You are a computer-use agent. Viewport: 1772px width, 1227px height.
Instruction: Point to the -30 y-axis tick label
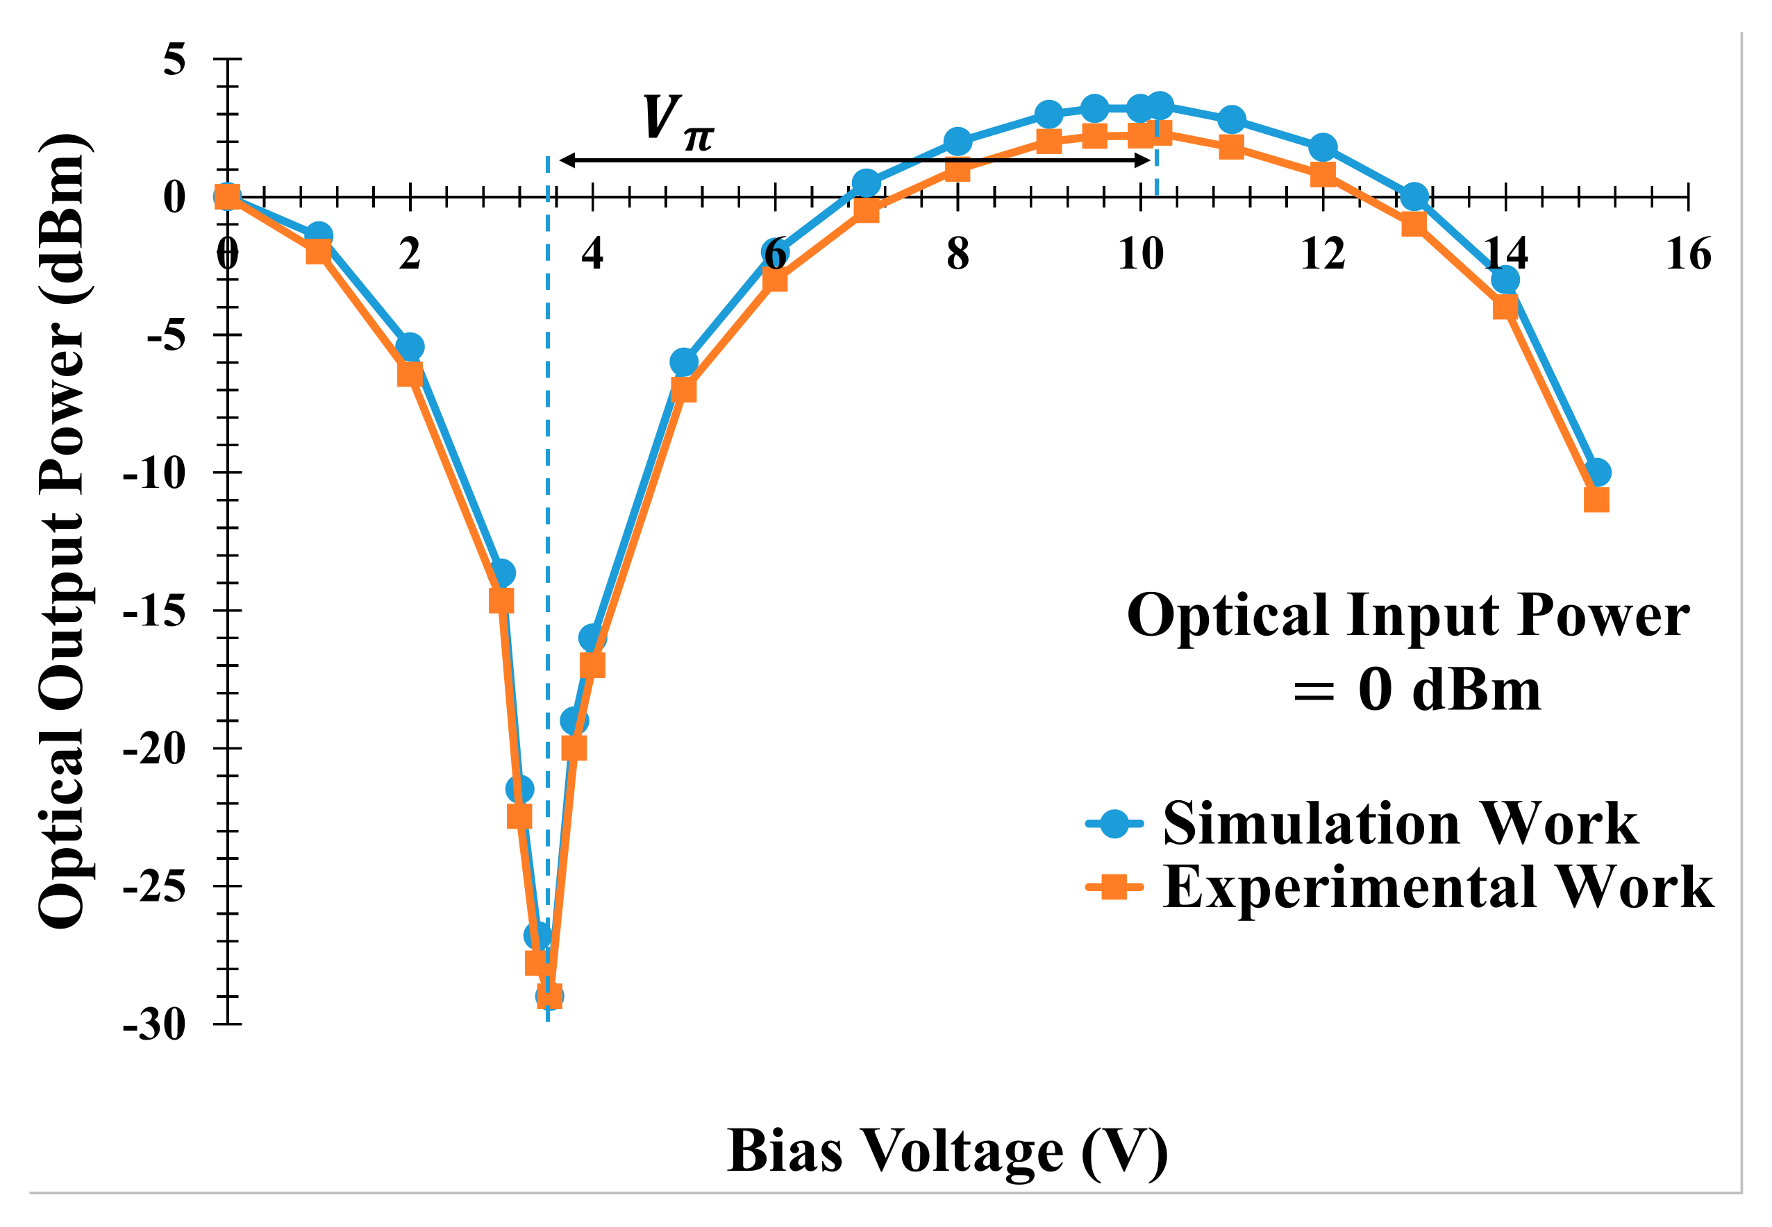pyautogui.click(x=154, y=1025)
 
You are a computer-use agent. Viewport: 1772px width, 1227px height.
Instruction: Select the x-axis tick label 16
pyautogui.click(x=1689, y=255)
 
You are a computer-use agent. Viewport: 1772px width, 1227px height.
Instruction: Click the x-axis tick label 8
pyautogui.click(x=958, y=255)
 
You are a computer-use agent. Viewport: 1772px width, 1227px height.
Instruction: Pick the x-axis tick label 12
pyautogui.click(x=1323, y=255)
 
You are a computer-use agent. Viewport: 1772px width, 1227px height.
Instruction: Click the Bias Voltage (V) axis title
pyautogui.click(x=948, y=1151)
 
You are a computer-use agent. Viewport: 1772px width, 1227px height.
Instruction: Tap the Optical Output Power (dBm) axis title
pyautogui.click(x=63, y=530)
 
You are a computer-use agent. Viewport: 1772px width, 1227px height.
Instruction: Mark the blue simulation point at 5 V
pyautogui.click(x=684, y=362)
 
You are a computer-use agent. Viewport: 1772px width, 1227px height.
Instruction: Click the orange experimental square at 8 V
pyautogui.click(x=958, y=169)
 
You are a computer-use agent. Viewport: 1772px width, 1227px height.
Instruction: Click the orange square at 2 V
pyautogui.click(x=410, y=374)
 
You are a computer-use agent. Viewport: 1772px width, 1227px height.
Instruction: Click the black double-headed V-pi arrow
pyautogui.click(x=853, y=160)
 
